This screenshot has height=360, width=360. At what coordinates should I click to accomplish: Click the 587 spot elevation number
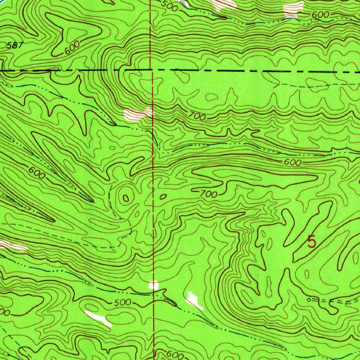(15, 45)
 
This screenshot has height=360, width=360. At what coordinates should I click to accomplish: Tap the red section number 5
(311, 242)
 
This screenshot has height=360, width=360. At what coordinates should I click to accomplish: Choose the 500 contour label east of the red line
(168, 4)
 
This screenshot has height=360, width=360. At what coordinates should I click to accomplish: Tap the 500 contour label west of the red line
(122, 303)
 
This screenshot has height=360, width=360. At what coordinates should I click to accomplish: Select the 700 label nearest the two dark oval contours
(209, 193)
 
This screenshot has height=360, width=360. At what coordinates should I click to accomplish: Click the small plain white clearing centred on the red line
(154, 285)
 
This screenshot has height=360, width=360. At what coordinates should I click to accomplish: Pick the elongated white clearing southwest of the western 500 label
(98, 318)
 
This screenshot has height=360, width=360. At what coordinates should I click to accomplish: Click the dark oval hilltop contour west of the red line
(126, 198)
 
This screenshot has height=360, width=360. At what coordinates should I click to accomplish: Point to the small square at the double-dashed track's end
(309, 300)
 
